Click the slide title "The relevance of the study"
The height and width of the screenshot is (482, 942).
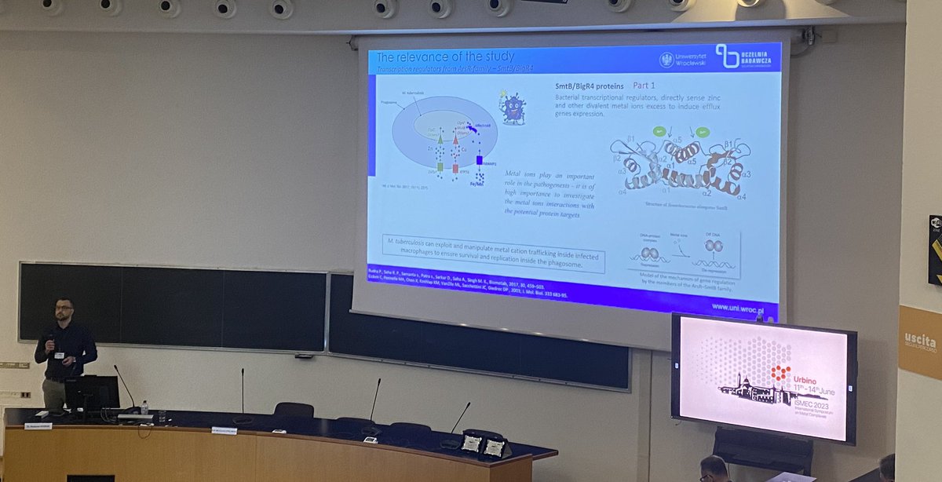tap(445, 57)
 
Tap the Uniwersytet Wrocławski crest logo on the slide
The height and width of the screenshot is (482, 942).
tap(666, 60)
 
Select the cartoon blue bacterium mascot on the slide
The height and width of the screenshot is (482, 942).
tap(513, 108)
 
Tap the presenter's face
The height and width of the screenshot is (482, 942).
tap(64, 309)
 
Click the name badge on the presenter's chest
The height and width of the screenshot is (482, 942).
tap(59, 355)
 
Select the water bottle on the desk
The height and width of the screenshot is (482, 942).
tap(144, 408)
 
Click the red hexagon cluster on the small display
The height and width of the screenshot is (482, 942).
tap(780, 373)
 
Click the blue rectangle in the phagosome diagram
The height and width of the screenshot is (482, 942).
tap(479, 161)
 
